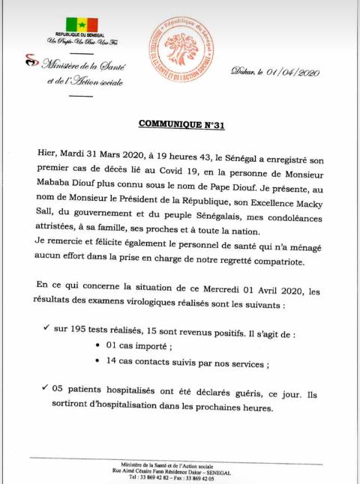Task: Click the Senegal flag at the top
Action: [77, 24]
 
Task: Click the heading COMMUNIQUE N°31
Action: [181, 124]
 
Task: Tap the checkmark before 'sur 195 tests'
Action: [48, 328]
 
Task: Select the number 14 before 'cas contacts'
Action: [115, 362]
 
